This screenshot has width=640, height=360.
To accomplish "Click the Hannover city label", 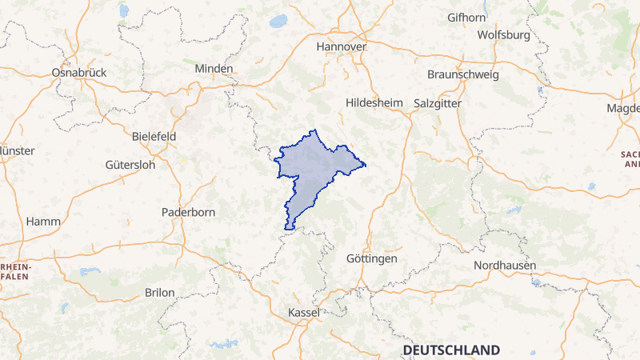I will coord(341,47).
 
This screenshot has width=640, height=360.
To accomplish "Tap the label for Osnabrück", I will coord(78,72).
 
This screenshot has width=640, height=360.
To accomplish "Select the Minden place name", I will coord(214,69).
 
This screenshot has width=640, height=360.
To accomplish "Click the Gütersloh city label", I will coord(130,165).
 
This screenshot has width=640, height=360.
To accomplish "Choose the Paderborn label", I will coord(189,212).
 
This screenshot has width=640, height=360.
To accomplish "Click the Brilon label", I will coord(159,293).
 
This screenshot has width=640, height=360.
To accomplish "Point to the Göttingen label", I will coord(372,259).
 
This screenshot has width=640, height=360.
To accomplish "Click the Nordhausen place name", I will coord(505,265).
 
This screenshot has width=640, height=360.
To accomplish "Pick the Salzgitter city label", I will coord(438,103).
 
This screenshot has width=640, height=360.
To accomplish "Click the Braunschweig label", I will coord(463,74).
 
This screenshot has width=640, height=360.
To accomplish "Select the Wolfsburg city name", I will coord(503,35).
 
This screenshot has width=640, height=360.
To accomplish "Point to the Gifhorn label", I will coord(466,17).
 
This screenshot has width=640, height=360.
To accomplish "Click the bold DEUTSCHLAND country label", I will coord(451,350).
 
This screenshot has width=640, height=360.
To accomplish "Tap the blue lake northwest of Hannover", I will coord(278,22).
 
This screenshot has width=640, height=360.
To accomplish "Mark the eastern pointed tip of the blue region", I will coord(365,166).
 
